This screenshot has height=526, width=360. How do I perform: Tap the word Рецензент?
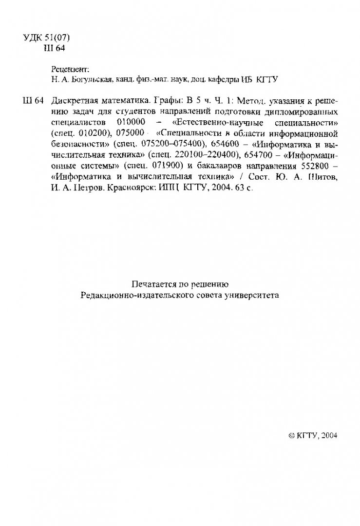[x=70, y=69]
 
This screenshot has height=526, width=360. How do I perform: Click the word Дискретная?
[x=74, y=101]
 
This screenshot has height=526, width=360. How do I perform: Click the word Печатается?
[x=153, y=284]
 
